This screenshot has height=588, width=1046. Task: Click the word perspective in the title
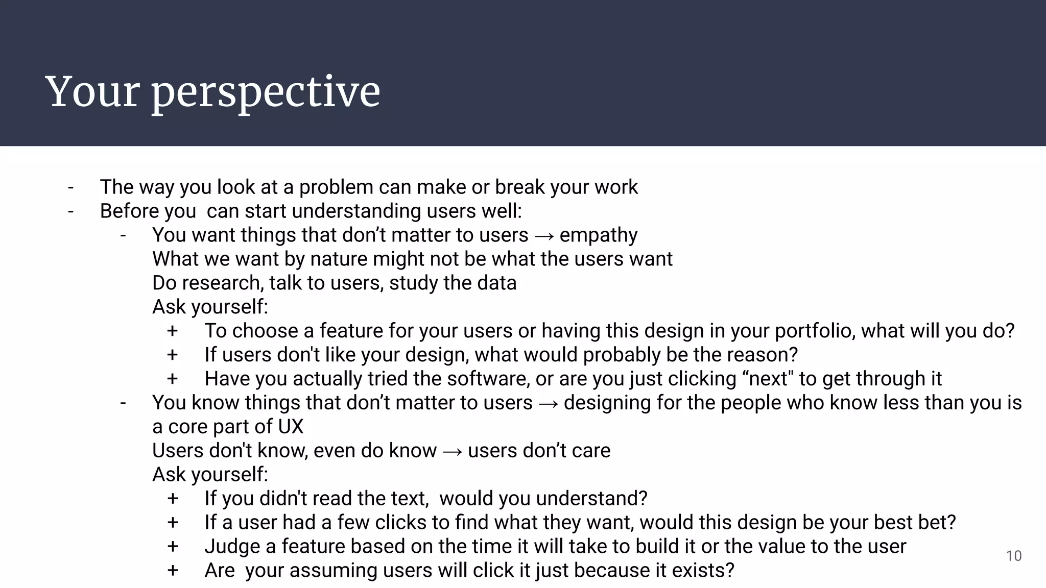(266, 93)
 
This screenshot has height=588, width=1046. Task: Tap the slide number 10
(1013, 556)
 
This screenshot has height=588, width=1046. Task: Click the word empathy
(599, 235)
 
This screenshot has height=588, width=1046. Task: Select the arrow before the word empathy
(544, 236)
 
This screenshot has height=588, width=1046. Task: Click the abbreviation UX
(291, 427)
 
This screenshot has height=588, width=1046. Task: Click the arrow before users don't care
(452, 451)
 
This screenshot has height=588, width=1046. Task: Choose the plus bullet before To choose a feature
(172, 331)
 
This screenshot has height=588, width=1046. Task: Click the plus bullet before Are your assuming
(173, 571)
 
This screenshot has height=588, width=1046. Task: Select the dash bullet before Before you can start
(70, 211)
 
